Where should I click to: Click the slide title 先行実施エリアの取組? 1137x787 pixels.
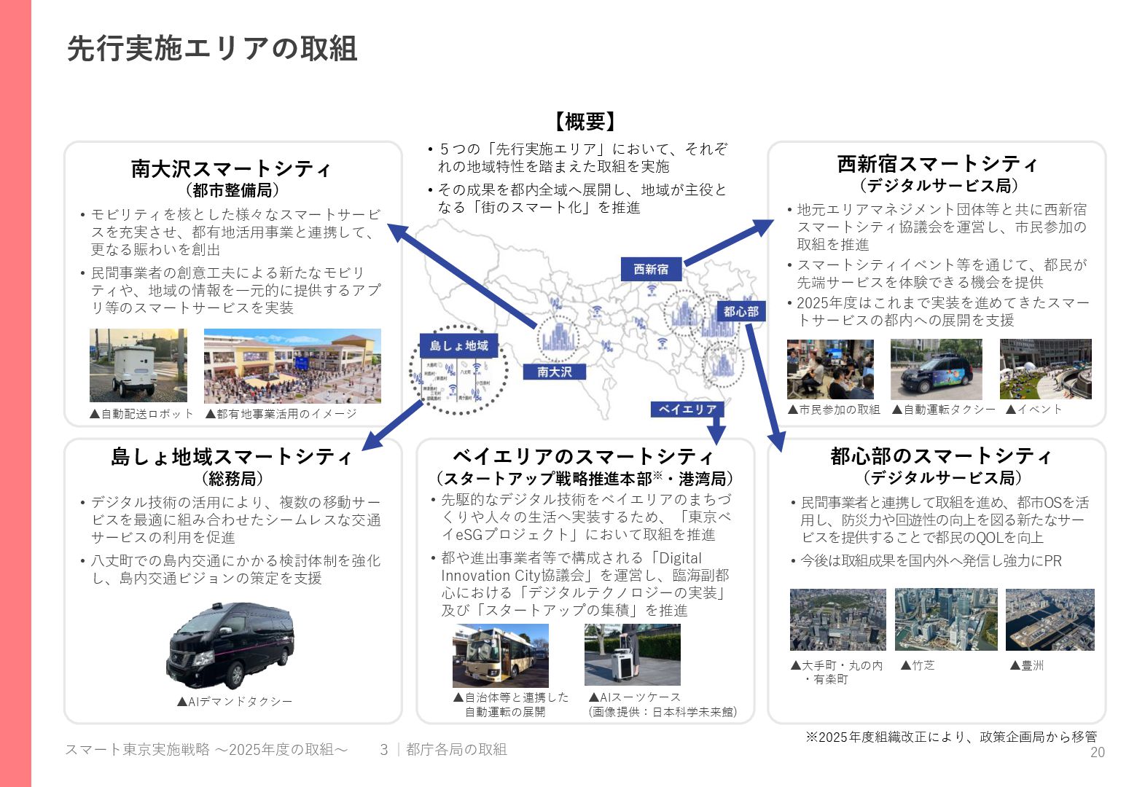[212, 49]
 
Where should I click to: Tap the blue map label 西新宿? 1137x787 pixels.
[651, 270]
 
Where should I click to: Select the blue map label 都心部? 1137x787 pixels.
[741, 312]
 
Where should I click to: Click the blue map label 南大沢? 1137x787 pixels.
[554, 372]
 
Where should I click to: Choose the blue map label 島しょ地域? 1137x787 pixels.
[458, 345]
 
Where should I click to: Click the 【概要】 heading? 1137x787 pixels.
[585, 121]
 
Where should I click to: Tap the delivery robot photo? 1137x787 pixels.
[138, 365]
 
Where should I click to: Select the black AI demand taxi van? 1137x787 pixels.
[231, 644]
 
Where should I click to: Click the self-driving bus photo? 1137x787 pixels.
[500, 655]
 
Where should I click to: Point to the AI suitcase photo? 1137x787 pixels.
[632, 654]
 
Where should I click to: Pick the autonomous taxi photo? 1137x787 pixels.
[936, 369]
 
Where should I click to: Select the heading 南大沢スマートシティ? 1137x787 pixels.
[231, 169]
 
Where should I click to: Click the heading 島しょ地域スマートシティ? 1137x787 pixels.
[231, 457]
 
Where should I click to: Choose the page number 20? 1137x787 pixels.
[1097, 753]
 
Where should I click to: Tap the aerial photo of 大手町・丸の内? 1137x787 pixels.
[837, 619]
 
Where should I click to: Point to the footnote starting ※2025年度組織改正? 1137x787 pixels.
[950, 737]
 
